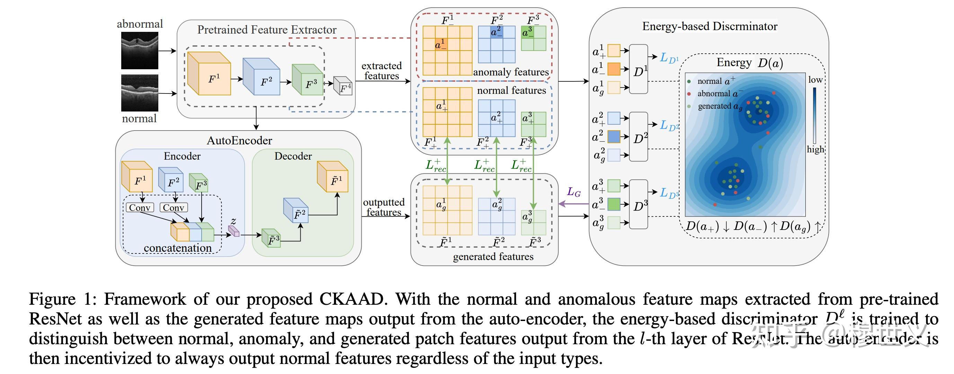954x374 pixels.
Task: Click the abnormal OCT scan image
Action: point(140,50)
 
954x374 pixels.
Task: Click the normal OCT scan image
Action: point(140,92)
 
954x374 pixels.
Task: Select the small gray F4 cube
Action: point(343,86)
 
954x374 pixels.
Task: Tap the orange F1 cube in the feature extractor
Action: point(210,74)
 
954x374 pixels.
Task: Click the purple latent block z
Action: point(234,231)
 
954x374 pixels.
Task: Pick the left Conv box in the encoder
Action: point(140,208)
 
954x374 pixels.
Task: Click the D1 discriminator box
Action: point(638,69)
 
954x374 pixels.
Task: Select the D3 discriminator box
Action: point(638,204)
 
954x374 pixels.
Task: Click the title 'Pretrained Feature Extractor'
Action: point(267,30)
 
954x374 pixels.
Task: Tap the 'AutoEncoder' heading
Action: point(239,141)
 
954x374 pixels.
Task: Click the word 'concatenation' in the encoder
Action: point(177,248)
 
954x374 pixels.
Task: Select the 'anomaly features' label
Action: point(511,72)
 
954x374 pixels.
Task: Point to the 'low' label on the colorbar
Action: point(815,80)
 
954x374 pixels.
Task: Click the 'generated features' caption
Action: point(493,257)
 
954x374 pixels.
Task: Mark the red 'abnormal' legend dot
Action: point(689,94)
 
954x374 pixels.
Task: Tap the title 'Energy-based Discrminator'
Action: point(709,26)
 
